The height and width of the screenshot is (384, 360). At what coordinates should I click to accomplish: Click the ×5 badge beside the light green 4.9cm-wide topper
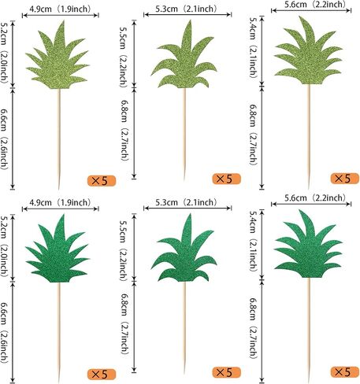tap(102, 181)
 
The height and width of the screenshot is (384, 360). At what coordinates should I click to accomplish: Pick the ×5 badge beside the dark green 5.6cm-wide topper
tap(344, 371)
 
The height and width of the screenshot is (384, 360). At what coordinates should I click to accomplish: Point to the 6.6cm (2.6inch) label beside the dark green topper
tap(5, 333)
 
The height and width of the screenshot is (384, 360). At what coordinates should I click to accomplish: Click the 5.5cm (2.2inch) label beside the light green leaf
tap(124, 57)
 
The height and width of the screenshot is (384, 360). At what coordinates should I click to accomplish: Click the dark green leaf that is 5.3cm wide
tap(184, 252)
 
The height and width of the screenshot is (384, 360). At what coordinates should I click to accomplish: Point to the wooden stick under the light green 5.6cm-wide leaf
tap(309, 136)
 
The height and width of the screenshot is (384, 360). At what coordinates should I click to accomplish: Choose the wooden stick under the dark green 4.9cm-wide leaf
tap(59, 333)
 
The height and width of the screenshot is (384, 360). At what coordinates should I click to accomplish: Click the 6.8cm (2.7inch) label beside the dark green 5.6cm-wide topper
tap(253, 328)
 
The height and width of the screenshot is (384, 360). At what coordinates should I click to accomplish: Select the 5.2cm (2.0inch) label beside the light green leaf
tap(5, 53)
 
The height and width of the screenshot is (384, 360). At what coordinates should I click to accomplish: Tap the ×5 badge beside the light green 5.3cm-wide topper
tap(226, 179)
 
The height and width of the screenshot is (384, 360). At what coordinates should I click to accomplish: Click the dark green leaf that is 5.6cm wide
tap(308, 246)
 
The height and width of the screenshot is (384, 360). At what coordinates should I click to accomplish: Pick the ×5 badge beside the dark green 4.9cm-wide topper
tap(102, 375)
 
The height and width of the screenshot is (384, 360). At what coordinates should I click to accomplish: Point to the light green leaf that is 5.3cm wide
tap(184, 57)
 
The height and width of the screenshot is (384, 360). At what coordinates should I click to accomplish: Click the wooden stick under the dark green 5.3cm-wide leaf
tap(184, 328)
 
